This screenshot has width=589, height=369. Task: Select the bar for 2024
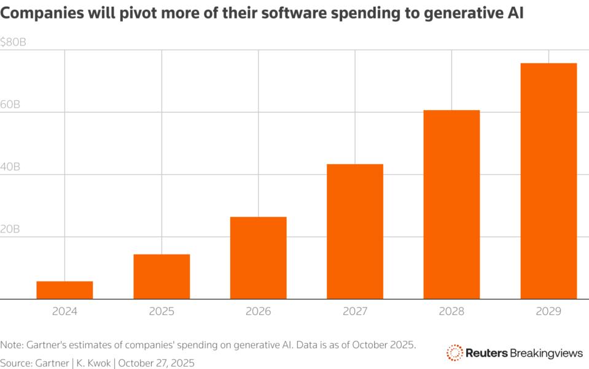(64, 290)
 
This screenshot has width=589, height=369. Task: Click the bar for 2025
(162, 277)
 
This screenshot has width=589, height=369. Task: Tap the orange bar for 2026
(258, 258)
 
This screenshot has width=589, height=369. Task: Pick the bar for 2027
(355, 232)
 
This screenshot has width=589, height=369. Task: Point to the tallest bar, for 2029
(548, 181)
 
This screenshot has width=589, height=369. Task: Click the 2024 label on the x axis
(64, 312)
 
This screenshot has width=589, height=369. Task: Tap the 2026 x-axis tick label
(258, 312)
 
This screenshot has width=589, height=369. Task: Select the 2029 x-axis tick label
(548, 312)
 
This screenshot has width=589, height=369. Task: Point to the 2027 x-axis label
(355, 312)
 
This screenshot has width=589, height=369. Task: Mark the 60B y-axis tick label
(10, 105)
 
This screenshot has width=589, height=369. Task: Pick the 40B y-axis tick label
(10, 167)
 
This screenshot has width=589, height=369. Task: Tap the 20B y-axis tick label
(10, 229)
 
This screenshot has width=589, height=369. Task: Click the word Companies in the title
(38, 14)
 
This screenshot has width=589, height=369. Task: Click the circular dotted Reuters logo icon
(454, 352)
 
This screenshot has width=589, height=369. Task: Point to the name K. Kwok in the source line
(93, 363)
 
